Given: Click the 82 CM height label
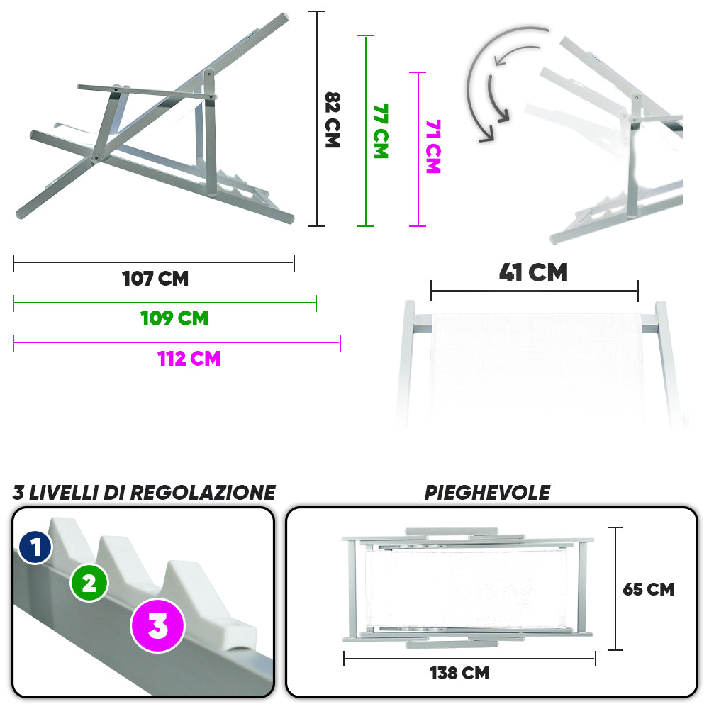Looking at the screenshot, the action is point(333,120).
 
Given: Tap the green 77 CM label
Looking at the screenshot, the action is point(381,131).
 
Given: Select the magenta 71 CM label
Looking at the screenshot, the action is point(433,147).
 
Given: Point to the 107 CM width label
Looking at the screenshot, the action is point(155,279).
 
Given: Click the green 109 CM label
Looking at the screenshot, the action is point(174,318).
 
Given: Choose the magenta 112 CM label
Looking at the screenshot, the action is point(189,359).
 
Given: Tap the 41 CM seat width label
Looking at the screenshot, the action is point(534,273).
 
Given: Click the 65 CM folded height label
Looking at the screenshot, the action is point(649,589).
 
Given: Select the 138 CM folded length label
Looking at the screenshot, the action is point(459,673).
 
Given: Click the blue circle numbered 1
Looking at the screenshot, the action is point(35,547).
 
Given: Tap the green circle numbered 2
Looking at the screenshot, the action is point(89,583).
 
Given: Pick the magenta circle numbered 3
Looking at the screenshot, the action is point(158,626).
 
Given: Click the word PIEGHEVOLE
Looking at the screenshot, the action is point(488,493).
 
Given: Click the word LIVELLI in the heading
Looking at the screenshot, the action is point(64,493).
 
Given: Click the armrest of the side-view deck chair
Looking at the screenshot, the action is point(147,91).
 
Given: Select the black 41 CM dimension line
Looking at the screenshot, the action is point(535,291).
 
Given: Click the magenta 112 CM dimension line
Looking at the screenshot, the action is point(177,342).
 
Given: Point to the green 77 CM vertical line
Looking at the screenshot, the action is point(366,130).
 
